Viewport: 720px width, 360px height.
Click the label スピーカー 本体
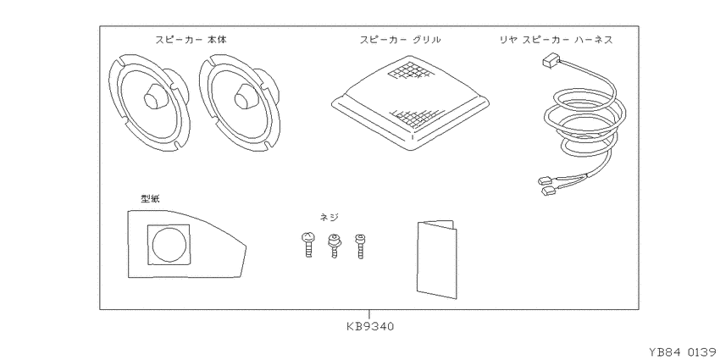pos(191,40)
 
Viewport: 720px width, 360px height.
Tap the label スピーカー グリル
pos(400,40)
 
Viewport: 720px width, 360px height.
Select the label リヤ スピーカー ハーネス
pos(556,40)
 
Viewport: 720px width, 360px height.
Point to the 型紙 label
pos(150,198)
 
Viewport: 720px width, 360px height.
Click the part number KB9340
pos(370,326)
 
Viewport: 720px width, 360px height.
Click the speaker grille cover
pos(410,103)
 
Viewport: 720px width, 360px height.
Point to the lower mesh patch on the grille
pos(415,118)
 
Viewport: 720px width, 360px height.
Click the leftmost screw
pos(307,245)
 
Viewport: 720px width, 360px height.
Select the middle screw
pos(334,246)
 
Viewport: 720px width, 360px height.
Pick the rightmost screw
pos(360,246)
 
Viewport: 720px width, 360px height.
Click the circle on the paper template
pos(169,245)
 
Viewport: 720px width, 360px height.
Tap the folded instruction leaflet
pos(437,259)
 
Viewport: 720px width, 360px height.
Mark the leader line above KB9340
pos(369,315)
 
